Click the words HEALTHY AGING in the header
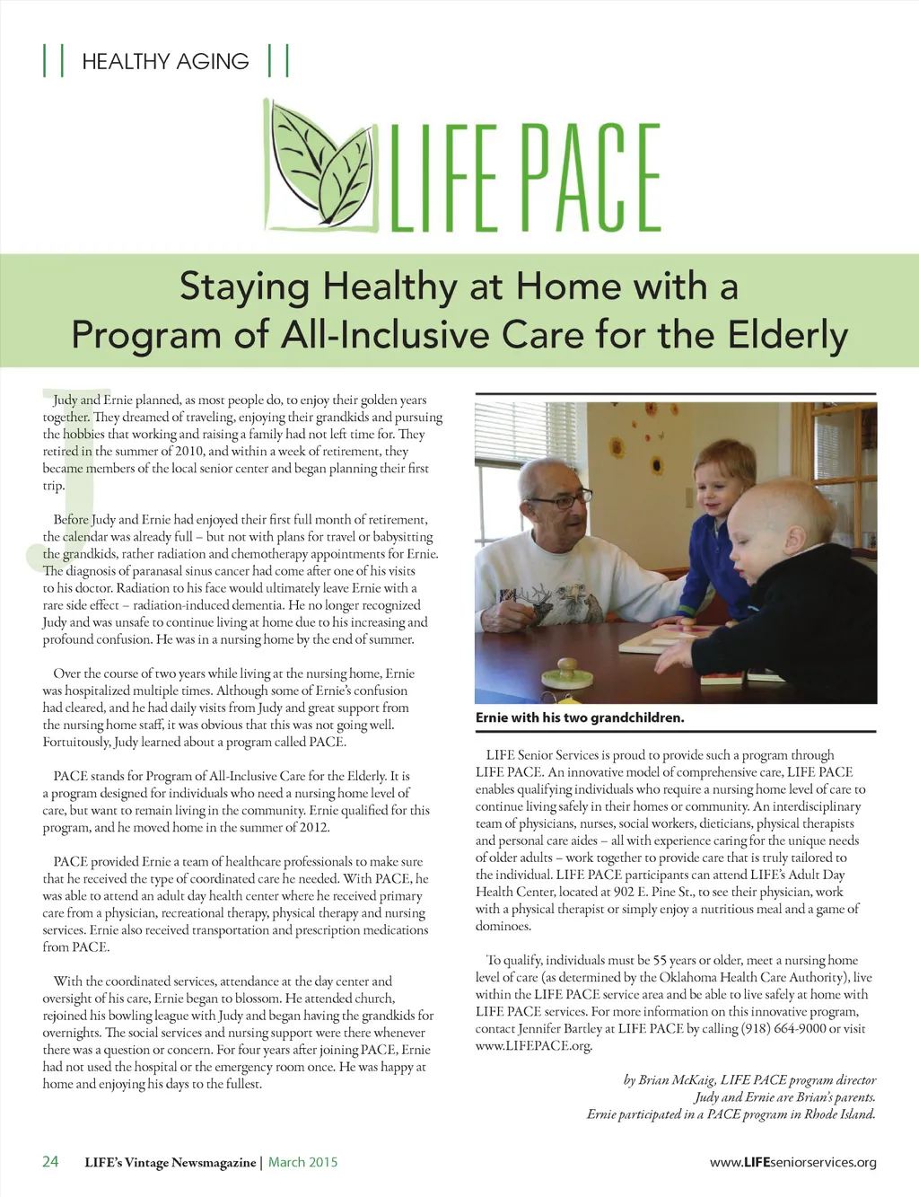[165, 61]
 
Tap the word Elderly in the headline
[787, 335]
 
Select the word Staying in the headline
[244, 286]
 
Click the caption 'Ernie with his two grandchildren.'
[580, 717]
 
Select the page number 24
[50, 1161]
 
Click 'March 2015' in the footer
[303, 1162]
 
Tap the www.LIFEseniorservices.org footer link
[792, 1162]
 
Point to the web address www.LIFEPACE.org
[533, 1045]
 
